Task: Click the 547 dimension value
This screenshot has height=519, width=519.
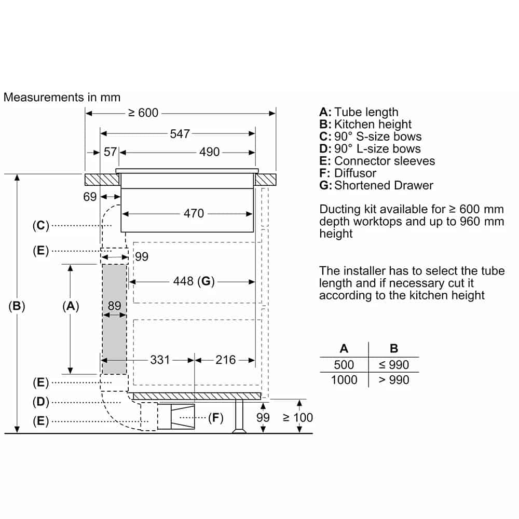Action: pos(180,134)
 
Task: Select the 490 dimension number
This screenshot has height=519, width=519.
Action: pos(210,152)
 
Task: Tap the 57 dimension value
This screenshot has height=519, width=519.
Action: pos(110,152)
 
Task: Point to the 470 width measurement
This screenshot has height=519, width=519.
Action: pos(194,213)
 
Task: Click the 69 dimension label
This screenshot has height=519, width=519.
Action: pos(90,197)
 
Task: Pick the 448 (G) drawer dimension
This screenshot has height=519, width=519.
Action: pos(194,281)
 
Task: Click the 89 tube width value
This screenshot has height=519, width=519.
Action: pos(115,306)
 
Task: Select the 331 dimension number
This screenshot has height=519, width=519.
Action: pos(160,360)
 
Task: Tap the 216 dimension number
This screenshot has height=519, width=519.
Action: pos(225,360)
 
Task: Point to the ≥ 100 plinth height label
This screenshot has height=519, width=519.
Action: pos(298,418)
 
